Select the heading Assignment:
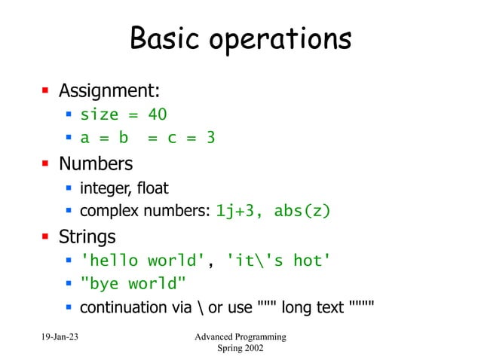click(109, 91)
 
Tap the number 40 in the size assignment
click(157, 114)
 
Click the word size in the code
click(100, 114)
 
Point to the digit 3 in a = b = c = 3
click(211, 139)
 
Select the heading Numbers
click(96, 163)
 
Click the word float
click(152, 188)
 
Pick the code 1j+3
click(238, 211)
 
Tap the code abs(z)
click(302, 211)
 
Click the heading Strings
click(87, 236)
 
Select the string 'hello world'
click(142, 261)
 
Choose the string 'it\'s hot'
click(278, 261)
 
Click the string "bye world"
click(133, 284)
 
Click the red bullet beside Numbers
click(44, 163)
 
